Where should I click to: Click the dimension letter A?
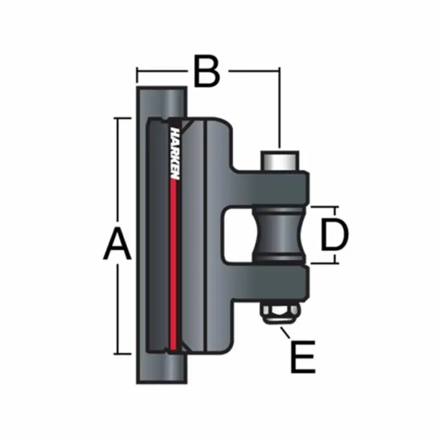pos(118,245)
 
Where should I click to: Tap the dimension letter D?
pos(334,235)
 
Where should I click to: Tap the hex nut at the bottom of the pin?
pos(280,314)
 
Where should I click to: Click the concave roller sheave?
pos(280,235)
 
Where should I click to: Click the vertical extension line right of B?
pos(280,110)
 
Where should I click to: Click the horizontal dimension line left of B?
pos(162,71)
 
